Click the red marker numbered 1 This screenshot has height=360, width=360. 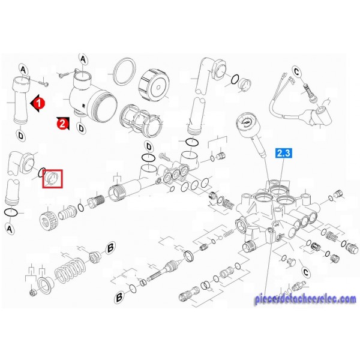pyautogui.click(x=38, y=103)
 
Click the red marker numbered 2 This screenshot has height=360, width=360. pyautogui.click(x=62, y=124)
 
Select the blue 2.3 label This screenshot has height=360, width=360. pyautogui.click(x=284, y=153)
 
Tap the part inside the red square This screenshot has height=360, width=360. pyautogui.click(x=53, y=179)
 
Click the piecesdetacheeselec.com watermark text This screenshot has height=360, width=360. pyautogui.click(x=305, y=299)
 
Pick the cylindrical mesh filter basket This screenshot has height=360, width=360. pyautogui.click(x=141, y=121)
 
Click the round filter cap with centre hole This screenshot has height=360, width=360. pyautogui.click(x=154, y=86)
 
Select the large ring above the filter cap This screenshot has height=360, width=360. pyautogui.click(x=125, y=71)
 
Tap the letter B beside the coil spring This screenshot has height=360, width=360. pyautogui.click(x=110, y=248)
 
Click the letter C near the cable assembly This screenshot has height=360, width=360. pyautogui.click(x=296, y=72)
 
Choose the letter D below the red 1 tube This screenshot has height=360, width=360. pyautogui.click(x=20, y=136)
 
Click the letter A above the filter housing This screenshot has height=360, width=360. pyautogui.click(x=83, y=60)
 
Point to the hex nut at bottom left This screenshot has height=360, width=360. pyautogui.click(x=32, y=293)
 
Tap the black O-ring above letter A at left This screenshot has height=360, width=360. pyautogui.click(x=11, y=212)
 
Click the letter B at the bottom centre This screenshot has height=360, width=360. pyautogui.click(x=119, y=297)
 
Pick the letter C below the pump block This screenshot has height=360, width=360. pyautogui.click(x=305, y=272)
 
